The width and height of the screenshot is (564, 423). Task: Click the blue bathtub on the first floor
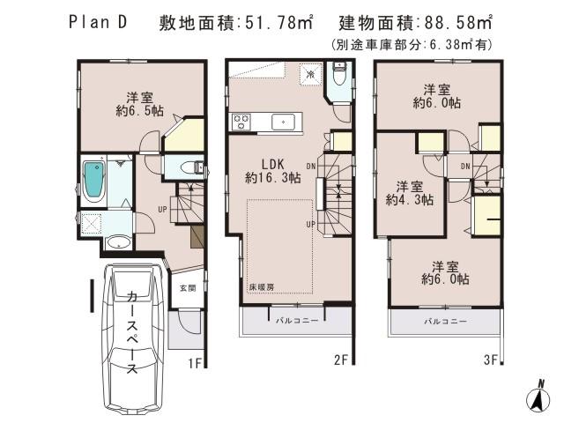point(93,182)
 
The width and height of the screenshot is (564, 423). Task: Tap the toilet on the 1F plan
point(188,167)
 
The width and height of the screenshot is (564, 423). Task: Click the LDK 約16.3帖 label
point(274,170)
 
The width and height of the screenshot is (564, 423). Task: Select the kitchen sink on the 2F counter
point(283,122)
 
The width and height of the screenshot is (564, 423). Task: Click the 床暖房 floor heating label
point(259,288)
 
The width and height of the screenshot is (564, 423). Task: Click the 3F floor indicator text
point(491,360)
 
